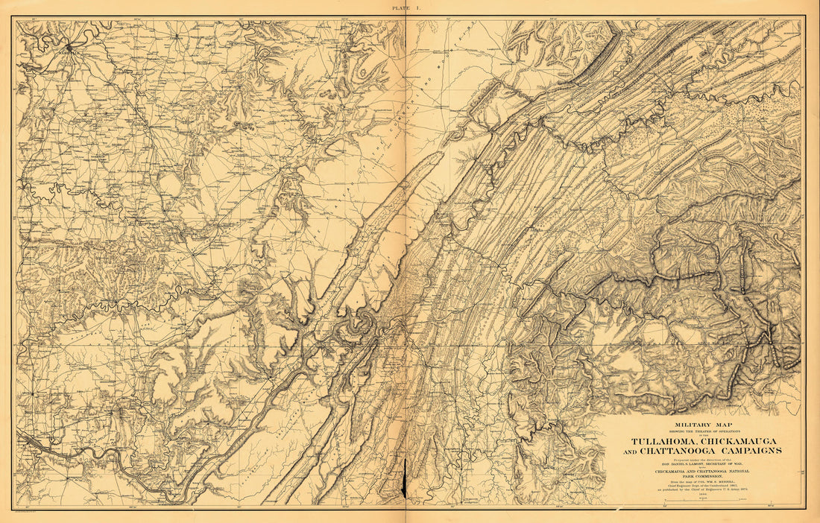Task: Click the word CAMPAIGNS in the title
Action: (754, 450)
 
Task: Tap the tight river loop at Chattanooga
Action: (365, 322)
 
